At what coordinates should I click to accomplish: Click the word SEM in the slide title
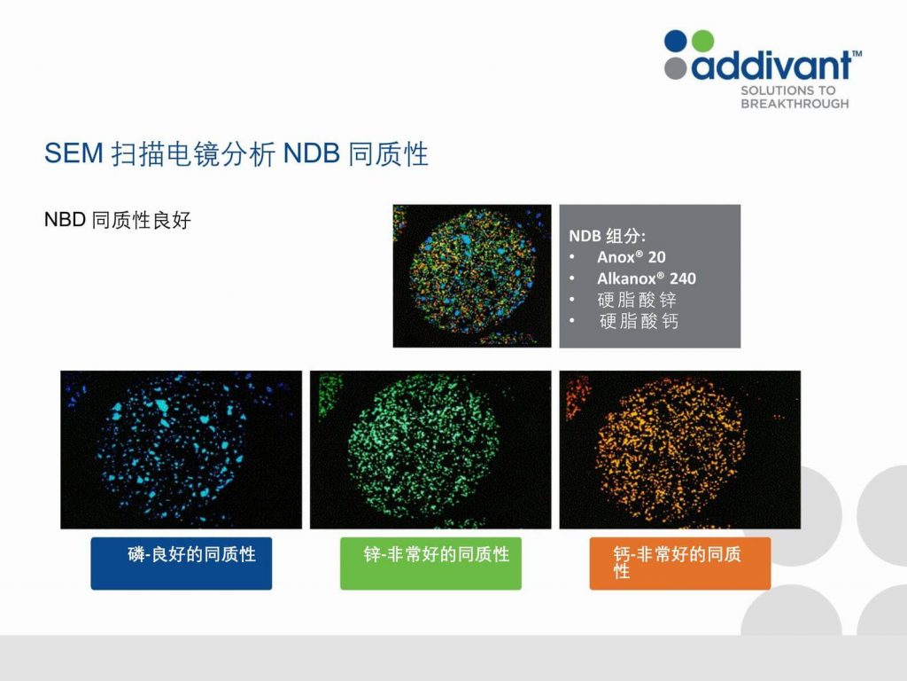point(74,153)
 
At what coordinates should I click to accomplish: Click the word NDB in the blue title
point(311,153)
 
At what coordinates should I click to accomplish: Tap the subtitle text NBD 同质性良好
point(118,220)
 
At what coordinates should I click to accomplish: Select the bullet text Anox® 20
point(631,257)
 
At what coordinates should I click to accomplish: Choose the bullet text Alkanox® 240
point(646,278)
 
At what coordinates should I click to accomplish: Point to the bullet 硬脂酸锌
point(637,300)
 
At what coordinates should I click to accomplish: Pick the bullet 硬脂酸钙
point(639,321)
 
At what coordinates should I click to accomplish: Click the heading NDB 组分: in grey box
point(607,236)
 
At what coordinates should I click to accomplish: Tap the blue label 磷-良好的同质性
point(191,554)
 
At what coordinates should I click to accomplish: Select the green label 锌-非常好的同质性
point(436,554)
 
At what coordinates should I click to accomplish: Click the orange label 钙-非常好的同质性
point(677,562)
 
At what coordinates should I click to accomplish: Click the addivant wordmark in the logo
point(771,65)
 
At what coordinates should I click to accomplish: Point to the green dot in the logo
point(702,41)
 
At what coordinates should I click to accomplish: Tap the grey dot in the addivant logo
point(676,67)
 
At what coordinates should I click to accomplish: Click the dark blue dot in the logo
point(676,41)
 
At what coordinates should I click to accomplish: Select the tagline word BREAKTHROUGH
point(795,104)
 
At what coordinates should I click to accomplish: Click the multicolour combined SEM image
point(472,276)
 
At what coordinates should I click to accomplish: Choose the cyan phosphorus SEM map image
point(181,450)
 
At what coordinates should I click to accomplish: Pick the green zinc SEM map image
point(430,450)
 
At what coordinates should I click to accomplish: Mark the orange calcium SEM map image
point(679,450)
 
